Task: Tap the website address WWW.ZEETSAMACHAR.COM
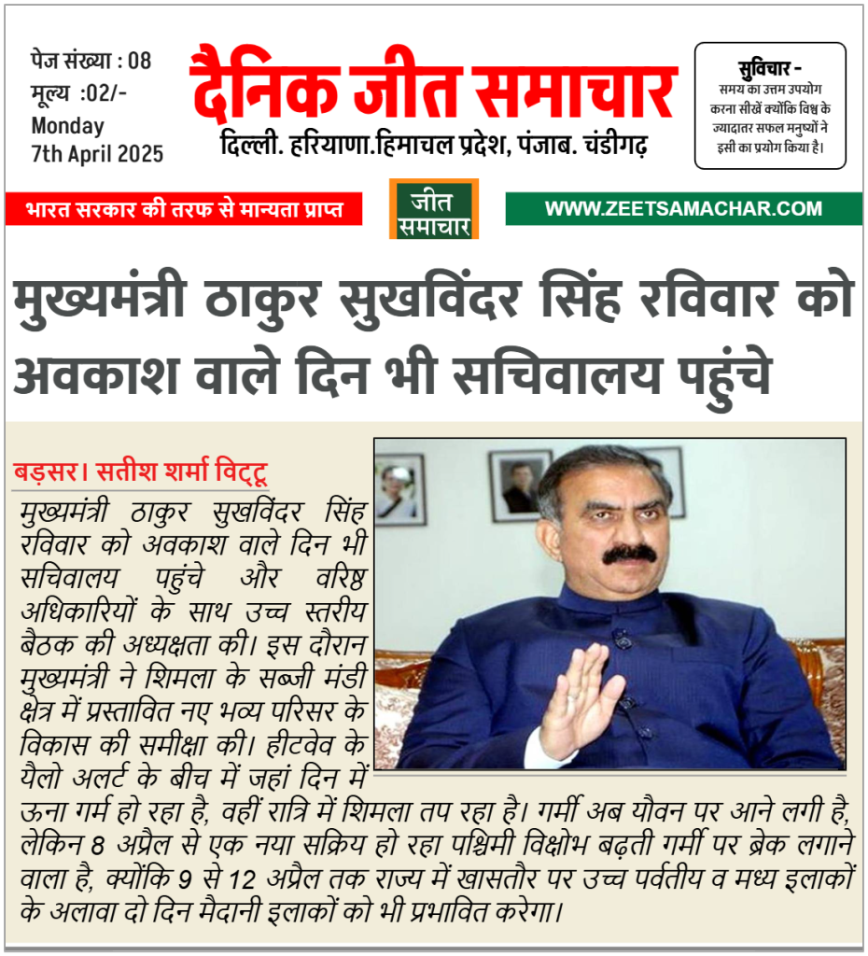683,208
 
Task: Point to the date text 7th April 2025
97,153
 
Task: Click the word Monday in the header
68,125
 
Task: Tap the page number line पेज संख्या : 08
91,63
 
